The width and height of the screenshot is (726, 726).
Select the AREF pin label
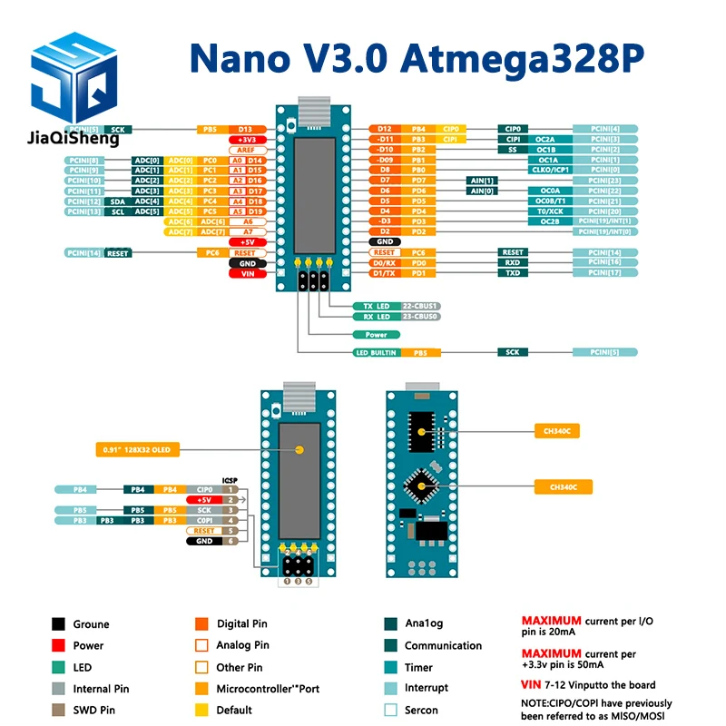point(245,150)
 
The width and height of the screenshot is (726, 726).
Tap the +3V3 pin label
point(245,140)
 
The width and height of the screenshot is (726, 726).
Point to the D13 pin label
point(245,130)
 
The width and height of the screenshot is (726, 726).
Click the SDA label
point(117,201)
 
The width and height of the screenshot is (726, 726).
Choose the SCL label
point(117,211)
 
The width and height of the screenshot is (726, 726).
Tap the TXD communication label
point(513,272)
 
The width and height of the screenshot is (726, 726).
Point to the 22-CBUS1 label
point(420,306)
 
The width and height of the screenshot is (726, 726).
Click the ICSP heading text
point(230,480)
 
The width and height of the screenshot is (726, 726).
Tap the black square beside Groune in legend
point(58,624)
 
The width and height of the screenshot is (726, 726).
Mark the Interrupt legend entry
point(427,689)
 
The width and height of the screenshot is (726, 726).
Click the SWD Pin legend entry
point(94,711)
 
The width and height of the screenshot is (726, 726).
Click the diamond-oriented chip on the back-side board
point(420,486)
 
